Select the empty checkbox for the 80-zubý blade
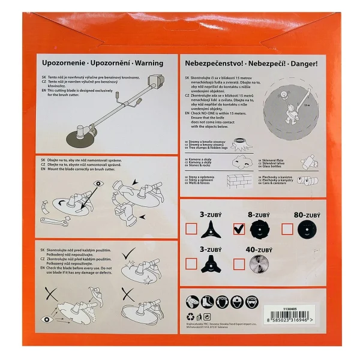coord(287,229)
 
